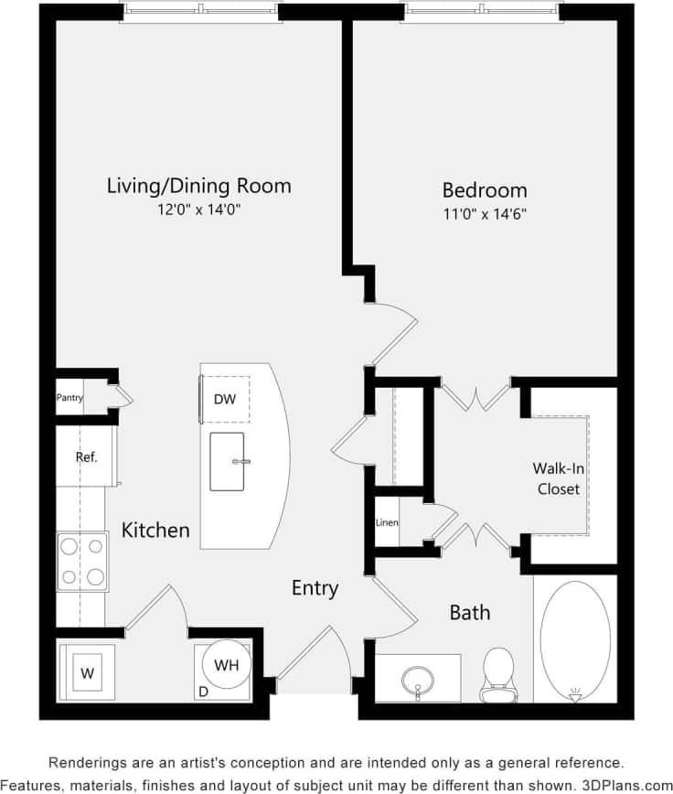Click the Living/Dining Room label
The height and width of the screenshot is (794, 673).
pos(198,186)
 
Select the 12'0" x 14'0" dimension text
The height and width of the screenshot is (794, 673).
pos(198,209)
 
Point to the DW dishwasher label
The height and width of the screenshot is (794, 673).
pos(224,400)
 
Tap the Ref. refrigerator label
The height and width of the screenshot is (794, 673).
pos(86,456)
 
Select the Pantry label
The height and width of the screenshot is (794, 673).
pos(70,398)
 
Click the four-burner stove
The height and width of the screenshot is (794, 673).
pos(82,561)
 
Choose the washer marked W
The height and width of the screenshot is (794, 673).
pos(87,673)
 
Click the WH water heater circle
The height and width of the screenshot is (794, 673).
pos(226,666)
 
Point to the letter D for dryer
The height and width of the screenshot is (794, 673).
pos(203,692)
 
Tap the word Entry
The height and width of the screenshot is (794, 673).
pos(315,588)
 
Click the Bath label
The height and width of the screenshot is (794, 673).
pos(469,612)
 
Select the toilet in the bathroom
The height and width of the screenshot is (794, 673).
pos(498,673)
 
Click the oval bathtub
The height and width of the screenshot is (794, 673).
pos(574,639)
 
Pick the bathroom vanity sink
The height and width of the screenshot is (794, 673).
pos(420,680)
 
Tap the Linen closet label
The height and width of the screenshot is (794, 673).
pos(386,523)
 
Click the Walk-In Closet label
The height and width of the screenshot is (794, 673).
pos(558,478)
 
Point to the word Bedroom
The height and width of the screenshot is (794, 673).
pos(485,190)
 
